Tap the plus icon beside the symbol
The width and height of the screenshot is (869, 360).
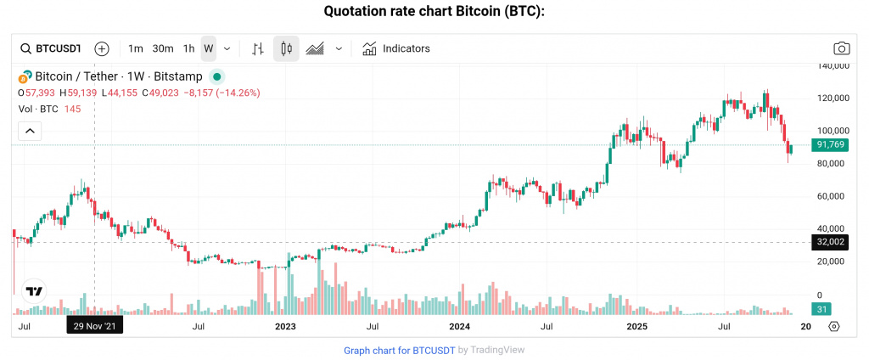(102, 48)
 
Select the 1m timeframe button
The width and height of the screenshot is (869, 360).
(136, 48)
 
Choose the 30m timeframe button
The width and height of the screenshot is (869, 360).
(163, 48)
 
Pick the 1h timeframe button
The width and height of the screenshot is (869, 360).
(188, 48)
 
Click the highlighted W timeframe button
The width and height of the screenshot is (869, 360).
(208, 48)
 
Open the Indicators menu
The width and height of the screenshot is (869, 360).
(396, 48)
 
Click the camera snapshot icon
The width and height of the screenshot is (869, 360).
(841, 48)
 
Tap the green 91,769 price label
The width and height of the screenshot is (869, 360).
(828, 145)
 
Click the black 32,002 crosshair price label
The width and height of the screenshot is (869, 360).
(828, 242)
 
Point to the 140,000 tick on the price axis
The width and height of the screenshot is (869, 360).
(830, 65)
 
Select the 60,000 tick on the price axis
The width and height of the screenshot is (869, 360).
(830, 196)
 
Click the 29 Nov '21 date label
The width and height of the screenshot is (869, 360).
(95, 325)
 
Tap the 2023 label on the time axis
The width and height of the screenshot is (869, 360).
(286, 326)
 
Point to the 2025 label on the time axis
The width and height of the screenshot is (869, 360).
(636, 326)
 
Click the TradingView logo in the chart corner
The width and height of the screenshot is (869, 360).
(34, 291)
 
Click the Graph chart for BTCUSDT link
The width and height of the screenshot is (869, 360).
(399, 350)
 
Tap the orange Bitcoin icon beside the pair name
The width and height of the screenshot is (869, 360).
(25, 76)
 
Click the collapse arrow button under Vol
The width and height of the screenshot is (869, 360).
(30, 131)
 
